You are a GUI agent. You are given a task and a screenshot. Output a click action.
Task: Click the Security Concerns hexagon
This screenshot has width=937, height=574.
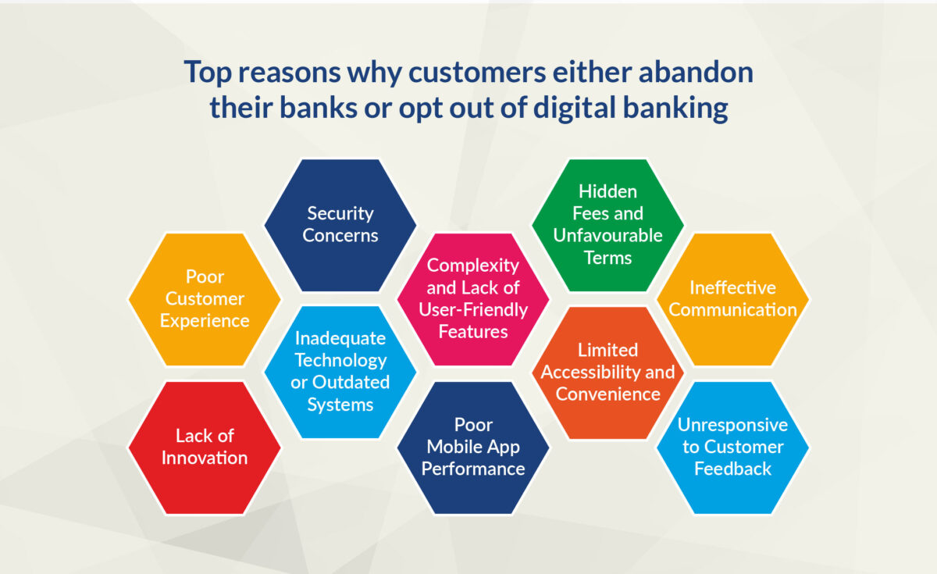point(340,225)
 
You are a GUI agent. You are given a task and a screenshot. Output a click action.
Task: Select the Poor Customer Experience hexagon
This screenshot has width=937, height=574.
point(205,299)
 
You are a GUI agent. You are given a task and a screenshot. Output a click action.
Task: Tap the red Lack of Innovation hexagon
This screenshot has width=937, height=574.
point(205,447)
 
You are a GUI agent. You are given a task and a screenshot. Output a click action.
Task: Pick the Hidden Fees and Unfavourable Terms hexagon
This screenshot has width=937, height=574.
point(607,225)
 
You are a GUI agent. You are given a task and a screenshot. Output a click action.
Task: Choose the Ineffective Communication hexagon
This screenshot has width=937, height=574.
point(732,299)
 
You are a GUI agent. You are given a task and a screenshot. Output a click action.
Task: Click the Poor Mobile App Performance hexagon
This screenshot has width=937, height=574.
point(473,447)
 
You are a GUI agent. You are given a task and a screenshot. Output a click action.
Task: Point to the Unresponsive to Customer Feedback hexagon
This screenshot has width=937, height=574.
point(732,447)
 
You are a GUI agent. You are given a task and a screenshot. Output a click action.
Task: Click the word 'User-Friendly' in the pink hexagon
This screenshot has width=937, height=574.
point(473,310)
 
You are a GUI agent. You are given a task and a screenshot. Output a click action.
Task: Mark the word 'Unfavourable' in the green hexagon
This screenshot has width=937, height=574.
point(607,235)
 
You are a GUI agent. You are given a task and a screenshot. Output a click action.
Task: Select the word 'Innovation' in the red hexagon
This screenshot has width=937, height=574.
point(205,458)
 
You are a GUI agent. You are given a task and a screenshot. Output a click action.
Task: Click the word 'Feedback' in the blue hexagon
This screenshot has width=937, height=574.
point(732,469)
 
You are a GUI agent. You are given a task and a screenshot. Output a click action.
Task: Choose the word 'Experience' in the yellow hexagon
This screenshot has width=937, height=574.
point(205,320)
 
